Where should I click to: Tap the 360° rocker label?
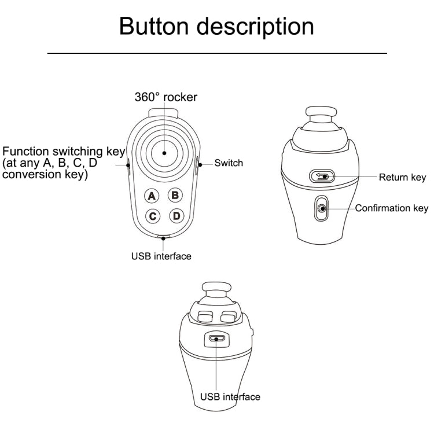(x=165, y=97)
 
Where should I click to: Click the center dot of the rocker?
(x=164, y=153)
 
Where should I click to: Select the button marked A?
(x=152, y=196)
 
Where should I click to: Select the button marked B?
(x=175, y=196)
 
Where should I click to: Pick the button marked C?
(x=152, y=216)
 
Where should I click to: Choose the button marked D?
(x=176, y=216)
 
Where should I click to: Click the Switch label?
(x=229, y=163)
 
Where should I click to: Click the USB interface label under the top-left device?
(x=161, y=256)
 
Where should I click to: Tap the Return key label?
(x=402, y=177)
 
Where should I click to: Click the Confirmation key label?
(x=391, y=208)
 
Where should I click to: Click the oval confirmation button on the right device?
(x=321, y=209)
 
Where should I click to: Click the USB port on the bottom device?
(x=217, y=339)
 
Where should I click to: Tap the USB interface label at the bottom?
(x=230, y=397)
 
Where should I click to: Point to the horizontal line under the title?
(x=216, y=53)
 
